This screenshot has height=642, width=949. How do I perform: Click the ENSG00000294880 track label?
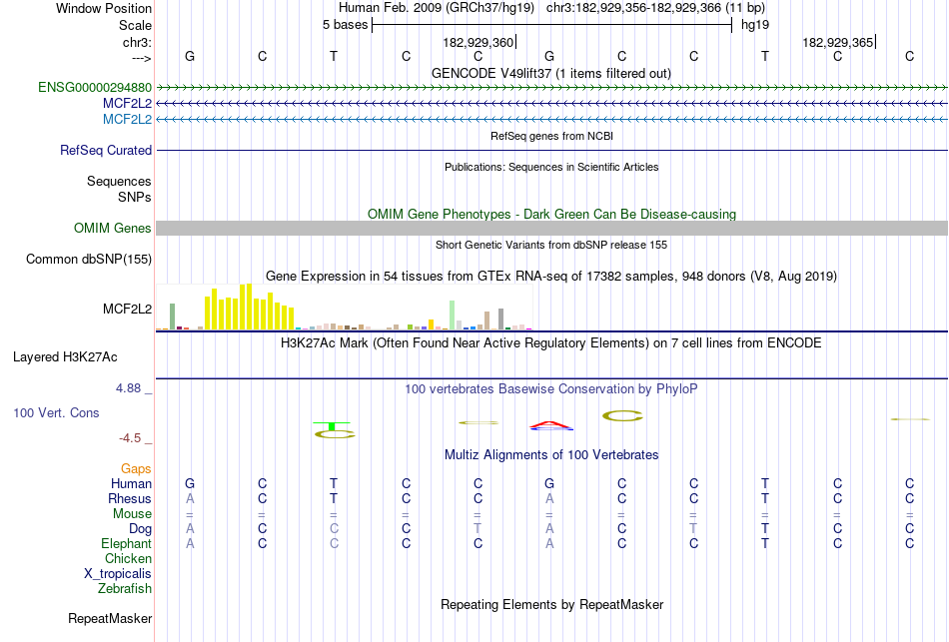(95, 88)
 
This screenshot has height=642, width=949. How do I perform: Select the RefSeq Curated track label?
(106, 151)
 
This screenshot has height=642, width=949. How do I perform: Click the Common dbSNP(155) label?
(89, 260)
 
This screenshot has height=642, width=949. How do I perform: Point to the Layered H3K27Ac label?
(82, 356)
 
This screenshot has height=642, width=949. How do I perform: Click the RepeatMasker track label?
(110, 619)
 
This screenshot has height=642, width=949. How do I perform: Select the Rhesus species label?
(130, 499)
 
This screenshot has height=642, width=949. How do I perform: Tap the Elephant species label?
(126, 544)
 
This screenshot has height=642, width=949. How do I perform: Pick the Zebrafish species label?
(124, 589)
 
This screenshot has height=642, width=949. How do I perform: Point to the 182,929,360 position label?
(477, 43)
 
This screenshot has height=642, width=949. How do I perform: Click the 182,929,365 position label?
(837, 43)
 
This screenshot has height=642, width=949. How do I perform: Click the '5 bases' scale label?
(345, 25)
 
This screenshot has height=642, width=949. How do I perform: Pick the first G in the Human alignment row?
(190, 484)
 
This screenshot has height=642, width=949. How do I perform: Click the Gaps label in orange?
(136, 469)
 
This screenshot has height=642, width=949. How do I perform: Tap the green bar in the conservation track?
(332, 427)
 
